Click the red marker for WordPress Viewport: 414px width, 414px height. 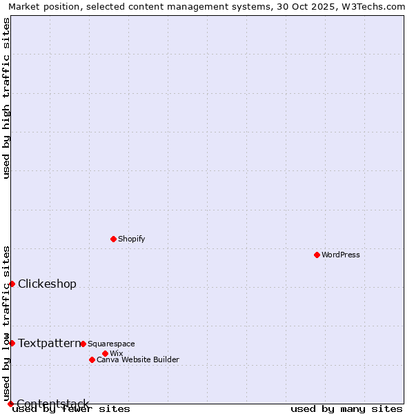(317, 255)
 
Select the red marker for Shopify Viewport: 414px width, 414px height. (113, 239)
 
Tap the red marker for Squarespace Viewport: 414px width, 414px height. (83, 344)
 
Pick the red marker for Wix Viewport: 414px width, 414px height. (105, 353)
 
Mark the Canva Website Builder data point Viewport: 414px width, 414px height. (92, 359)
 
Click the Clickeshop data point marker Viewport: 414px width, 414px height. (12, 284)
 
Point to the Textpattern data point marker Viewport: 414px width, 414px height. (12, 343)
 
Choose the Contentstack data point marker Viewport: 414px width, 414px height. (10, 404)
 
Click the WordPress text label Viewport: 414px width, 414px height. (341, 255)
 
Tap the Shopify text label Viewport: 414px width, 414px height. (131, 239)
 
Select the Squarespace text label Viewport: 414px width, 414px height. (111, 344)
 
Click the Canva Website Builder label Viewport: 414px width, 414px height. (138, 359)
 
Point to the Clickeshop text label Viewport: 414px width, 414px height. (47, 284)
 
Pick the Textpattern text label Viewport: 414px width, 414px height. (48, 343)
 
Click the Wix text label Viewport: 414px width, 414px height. (116, 353)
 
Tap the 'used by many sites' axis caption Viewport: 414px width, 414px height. (346, 408)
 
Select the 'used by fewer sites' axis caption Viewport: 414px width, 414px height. (71, 408)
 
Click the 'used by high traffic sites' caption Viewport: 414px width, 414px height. (6, 98)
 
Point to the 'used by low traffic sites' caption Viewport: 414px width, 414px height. (6, 323)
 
